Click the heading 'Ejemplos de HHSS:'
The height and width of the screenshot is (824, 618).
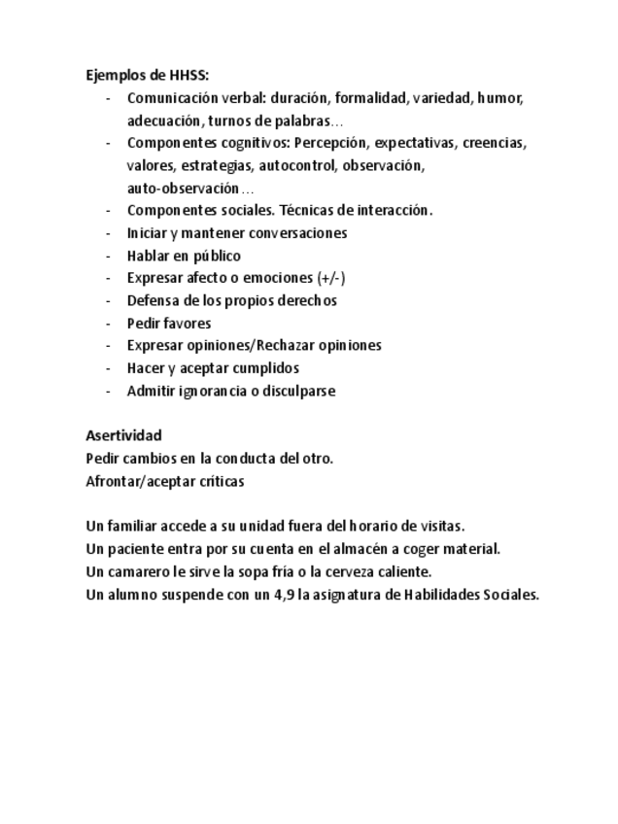pyautogui.click(x=147, y=76)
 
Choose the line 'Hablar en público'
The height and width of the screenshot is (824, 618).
pyautogui.click(x=184, y=256)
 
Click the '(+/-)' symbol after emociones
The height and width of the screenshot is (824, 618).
pyautogui.click(x=331, y=278)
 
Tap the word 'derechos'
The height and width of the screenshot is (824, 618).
pyautogui.click(x=307, y=300)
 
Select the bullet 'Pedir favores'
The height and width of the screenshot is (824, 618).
pyautogui.click(x=169, y=323)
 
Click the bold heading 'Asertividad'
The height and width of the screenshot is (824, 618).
pyautogui.click(x=123, y=435)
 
